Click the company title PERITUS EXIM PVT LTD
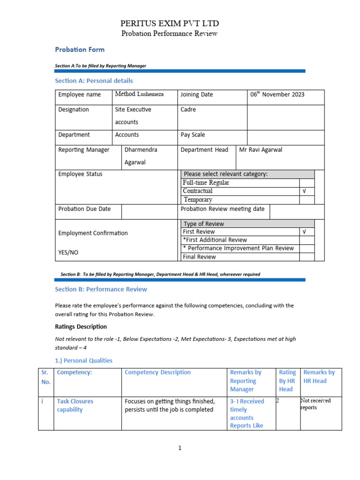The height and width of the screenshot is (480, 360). pos(170,23)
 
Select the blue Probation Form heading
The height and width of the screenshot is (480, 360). pos(80,49)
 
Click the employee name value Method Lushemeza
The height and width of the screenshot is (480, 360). pos(139,94)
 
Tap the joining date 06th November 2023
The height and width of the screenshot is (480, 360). pos(277,94)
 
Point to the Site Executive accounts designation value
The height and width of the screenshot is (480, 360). pos(133,115)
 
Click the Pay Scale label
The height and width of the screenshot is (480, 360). pos(193,135)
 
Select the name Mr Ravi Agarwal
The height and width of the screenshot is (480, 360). pos(261,150)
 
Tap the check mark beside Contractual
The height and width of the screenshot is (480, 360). pos(305,191)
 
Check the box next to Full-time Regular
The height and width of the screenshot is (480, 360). pos(307,183)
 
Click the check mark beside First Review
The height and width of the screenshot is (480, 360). pos(305,232)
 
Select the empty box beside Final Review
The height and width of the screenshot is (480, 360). pos(307,257)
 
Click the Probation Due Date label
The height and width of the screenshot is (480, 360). pos(84,209)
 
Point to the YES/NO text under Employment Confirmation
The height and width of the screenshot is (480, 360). pos(68,252)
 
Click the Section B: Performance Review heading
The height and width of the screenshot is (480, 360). pos(101,289)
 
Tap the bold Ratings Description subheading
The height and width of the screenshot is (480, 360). pos(81,326)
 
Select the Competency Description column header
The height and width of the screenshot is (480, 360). pos(157,372)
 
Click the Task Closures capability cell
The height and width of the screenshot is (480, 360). pos(75,405)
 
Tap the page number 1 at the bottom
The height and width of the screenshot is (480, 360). pos(180,448)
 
